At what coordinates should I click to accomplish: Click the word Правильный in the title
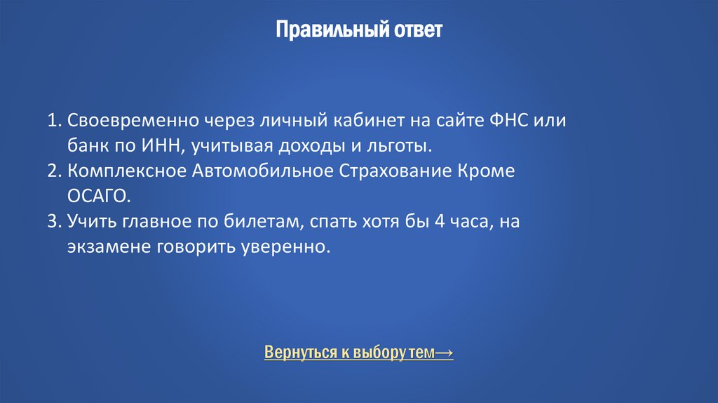coord(316,31)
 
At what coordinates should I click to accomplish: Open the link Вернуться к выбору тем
coord(349,352)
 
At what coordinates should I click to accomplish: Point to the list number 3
coord(53,222)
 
